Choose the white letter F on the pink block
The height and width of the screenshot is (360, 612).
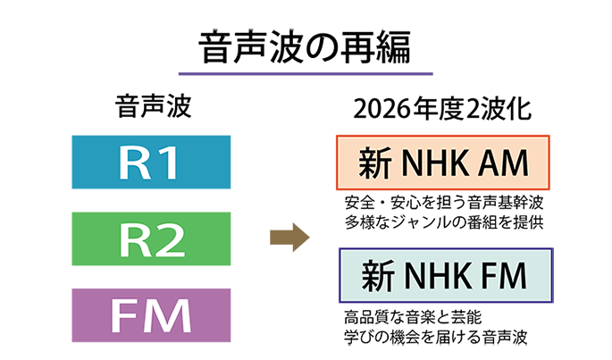(126, 316)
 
